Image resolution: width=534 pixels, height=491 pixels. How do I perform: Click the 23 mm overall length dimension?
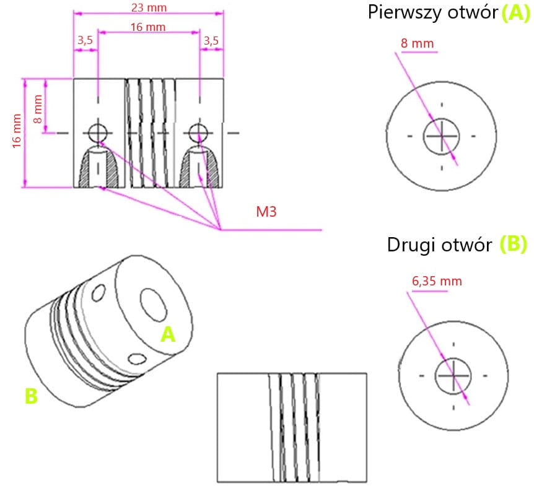148,8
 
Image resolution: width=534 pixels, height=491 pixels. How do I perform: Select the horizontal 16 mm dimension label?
148,27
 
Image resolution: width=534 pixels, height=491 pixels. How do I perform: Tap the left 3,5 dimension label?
85,41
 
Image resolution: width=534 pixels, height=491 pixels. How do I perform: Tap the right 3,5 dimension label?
211,41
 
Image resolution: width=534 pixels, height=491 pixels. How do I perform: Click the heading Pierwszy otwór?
433,12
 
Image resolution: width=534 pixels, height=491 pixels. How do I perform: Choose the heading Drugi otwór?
440,245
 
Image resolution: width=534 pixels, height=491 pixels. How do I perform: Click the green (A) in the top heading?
515,12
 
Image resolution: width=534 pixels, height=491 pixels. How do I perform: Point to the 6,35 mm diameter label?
437,280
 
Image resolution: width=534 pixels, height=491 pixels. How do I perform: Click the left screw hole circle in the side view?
97,132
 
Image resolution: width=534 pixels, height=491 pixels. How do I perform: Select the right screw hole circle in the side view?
198,132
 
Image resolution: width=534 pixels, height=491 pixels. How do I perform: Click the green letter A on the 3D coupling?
168,335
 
